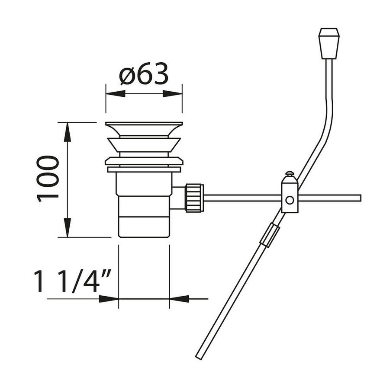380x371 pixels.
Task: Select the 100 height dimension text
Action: (x=48, y=178)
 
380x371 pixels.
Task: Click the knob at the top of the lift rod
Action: (x=329, y=43)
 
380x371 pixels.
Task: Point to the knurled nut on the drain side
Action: (x=194, y=198)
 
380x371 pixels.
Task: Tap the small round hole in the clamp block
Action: (x=290, y=200)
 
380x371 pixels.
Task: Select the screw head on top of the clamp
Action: (x=290, y=174)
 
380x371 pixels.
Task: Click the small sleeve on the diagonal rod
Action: (x=268, y=235)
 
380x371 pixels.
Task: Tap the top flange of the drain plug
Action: (x=144, y=129)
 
